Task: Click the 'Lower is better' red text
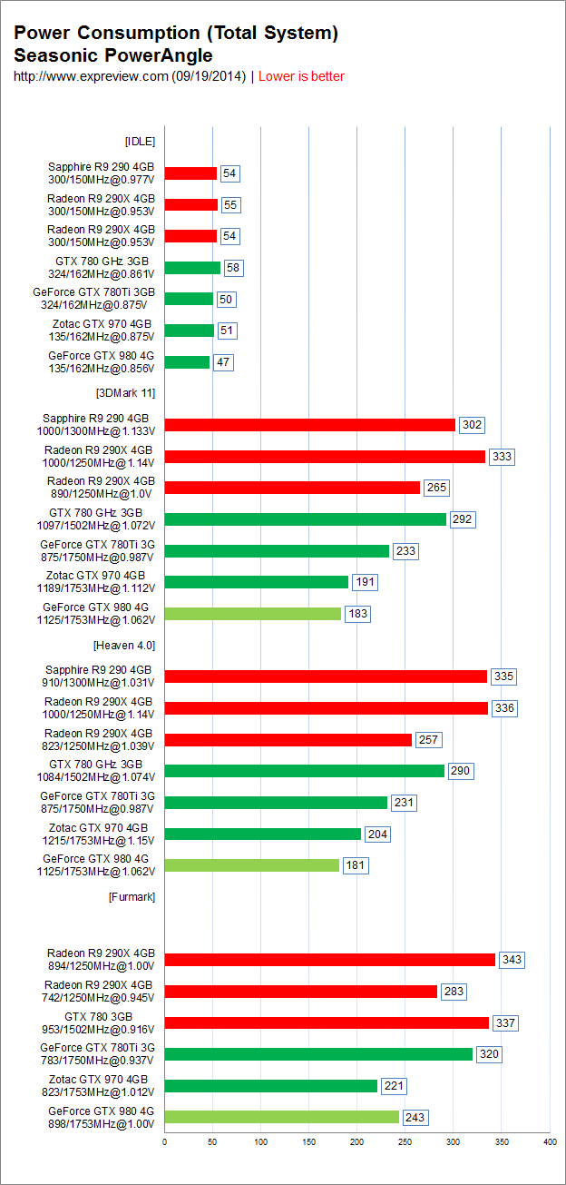301,76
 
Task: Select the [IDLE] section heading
140,141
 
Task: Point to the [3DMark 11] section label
125,393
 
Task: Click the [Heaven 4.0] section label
124,645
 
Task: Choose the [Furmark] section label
132,896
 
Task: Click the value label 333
502,457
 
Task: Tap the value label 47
223,362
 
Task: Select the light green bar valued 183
253,614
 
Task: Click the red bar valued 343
329,960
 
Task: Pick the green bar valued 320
318,1054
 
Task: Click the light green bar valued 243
281,1117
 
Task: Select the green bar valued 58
192,268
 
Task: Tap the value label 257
428,740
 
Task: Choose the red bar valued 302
310,425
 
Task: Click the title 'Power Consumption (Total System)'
176,34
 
